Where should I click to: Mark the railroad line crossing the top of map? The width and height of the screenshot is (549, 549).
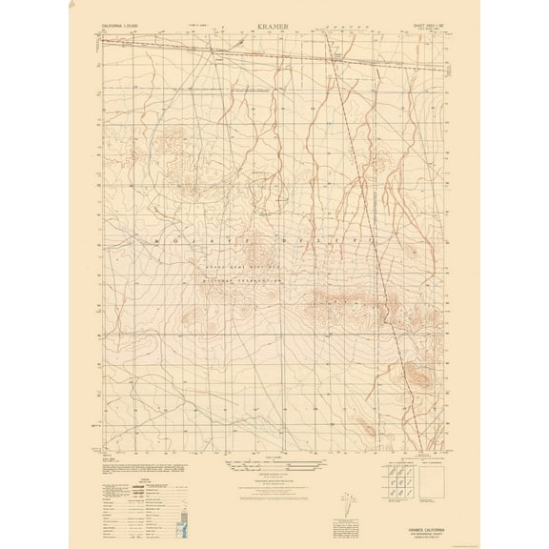click(x=286, y=51)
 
